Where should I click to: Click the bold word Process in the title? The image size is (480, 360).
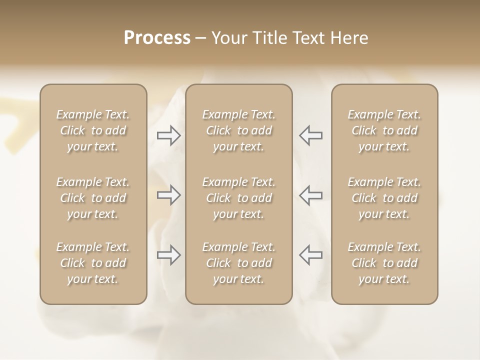click(157, 38)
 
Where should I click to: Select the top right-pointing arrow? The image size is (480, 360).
click(168, 135)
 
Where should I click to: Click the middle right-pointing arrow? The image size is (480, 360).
click(168, 194)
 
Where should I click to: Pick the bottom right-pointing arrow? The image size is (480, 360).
click(168, 255)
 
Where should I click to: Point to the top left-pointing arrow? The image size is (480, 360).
click(310, 135)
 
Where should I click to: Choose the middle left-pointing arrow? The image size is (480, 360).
click(310, 194)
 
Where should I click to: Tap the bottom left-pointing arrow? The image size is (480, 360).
click(310, 255)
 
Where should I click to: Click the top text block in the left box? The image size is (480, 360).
click(93, 130)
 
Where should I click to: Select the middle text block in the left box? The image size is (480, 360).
click(93, 198)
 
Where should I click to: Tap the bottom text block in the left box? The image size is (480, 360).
click(93, 263)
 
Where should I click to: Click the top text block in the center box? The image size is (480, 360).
click(239, 130)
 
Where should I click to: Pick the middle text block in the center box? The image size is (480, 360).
click(239, 198)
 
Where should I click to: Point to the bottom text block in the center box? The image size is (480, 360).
click(239, 263)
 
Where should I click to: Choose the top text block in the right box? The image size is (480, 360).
click(384, 130)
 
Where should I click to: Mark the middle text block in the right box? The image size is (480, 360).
click(384, 198)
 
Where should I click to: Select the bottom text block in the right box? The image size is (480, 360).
click(384, 263)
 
